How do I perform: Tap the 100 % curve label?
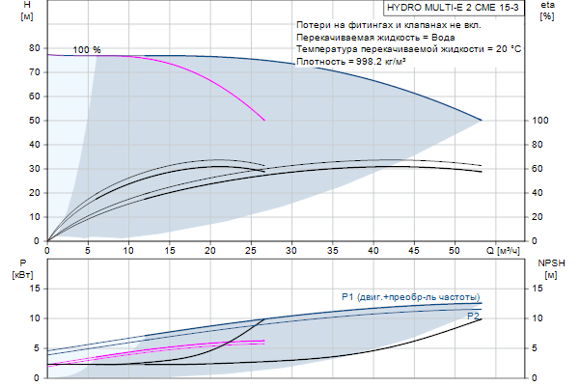[87, 49]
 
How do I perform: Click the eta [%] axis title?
[547, 11]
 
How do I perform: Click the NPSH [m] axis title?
[548, 269]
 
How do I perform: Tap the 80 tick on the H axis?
[34, 48]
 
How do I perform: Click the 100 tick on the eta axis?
[540, 121]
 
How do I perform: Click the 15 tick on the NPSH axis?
[541, 289]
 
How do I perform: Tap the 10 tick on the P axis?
[34, 318]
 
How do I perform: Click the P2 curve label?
[473, 316]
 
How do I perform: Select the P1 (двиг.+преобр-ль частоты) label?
[411, 296]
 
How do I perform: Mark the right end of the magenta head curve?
[264, 121]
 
